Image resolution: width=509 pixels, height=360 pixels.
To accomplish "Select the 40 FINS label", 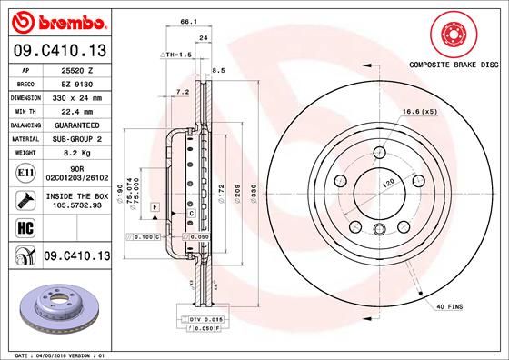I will click(x=449, y=307).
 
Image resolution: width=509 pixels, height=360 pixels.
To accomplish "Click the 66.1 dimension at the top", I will click(x=188, y=20).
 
